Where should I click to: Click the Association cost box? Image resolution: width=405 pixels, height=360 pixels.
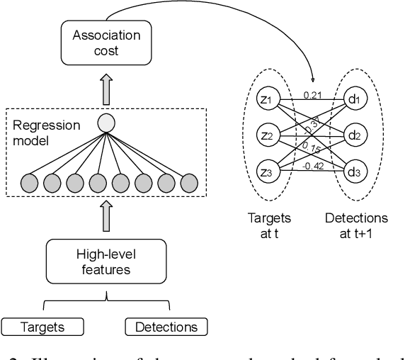[x=105, y=43]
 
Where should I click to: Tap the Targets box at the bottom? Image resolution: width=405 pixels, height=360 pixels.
[x=43, y=327]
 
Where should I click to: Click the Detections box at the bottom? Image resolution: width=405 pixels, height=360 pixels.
[x=166, y=327]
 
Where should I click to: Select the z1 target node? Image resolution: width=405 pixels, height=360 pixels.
[x=266, y=100]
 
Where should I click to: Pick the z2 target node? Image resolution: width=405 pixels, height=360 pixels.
[x=266, y=135]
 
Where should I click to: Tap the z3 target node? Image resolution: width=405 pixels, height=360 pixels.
[x=266, y=171]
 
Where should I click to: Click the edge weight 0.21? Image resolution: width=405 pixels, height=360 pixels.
[x=312, y=94]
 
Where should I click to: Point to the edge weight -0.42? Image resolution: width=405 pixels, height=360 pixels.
[x=313, y=167]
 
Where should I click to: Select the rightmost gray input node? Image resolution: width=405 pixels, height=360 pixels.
[x=188, y=182]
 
